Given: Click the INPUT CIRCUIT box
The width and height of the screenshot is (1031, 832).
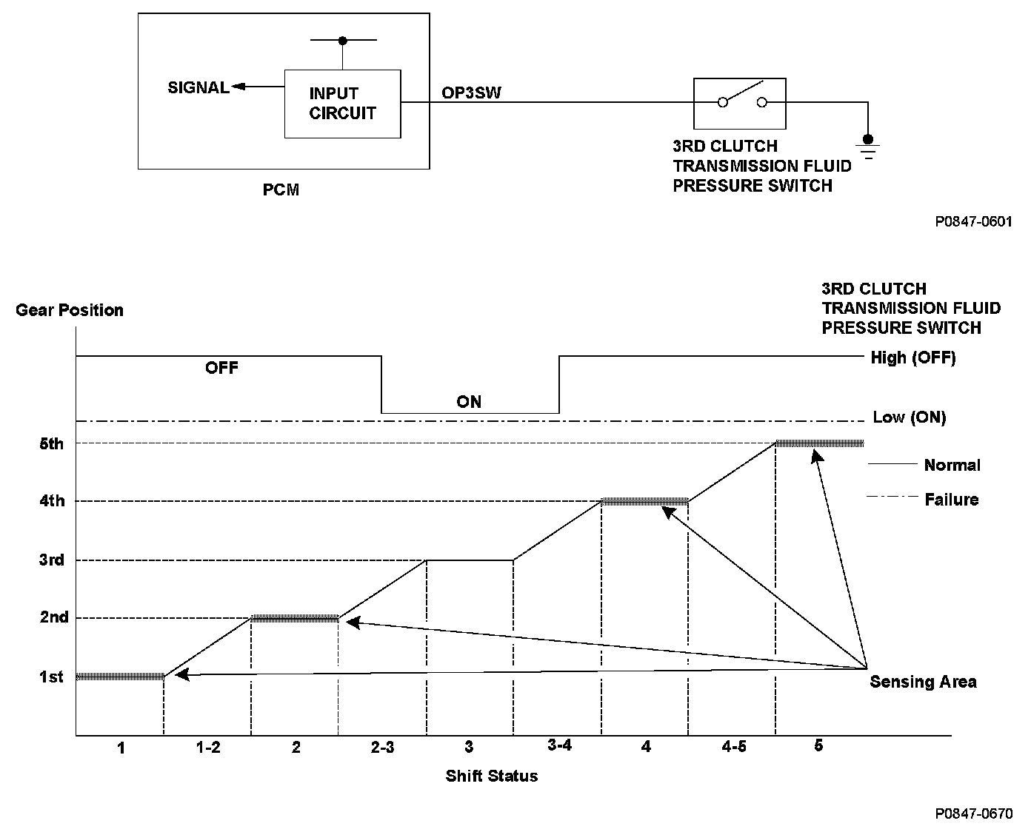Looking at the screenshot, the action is point(342,104).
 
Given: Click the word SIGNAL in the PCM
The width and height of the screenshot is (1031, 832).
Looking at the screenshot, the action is point(198,87).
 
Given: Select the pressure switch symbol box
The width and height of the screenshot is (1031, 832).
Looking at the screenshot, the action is point(739,104).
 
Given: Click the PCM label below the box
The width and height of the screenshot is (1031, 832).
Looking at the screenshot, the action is point(281,190).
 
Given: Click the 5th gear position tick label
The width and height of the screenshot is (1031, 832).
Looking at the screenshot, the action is point(51,444).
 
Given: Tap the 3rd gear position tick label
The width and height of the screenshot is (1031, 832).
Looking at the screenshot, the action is point(51,560).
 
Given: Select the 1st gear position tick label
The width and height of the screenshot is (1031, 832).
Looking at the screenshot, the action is point(51,677).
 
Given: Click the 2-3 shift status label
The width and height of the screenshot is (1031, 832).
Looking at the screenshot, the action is point(382,748).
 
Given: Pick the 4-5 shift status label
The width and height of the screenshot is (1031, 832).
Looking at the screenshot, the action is point(733,747).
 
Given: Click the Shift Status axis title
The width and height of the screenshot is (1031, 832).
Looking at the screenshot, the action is point(491,776).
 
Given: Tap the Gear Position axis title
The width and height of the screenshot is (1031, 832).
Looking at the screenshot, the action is point(70,310).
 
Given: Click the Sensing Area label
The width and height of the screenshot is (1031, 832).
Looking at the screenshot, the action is point(923,682).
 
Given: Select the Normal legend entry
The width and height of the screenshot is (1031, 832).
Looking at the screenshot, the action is point(952,466).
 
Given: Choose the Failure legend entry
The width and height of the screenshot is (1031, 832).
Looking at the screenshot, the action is point(951,500).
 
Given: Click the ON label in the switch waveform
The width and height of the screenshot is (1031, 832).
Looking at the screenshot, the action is point(469,402).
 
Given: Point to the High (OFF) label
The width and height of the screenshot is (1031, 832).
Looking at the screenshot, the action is point(913,358).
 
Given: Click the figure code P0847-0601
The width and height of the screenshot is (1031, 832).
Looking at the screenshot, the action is point(973,221).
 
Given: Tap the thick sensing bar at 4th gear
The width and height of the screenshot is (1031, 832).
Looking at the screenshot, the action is point(644,501).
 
